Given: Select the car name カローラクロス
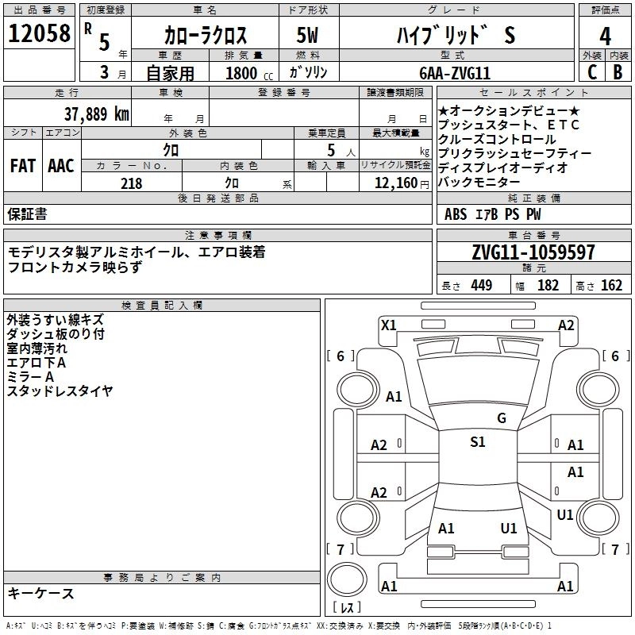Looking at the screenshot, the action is [x=206, y=36].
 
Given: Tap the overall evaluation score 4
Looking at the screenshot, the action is [x=606, y=36].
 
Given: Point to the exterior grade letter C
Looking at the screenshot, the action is [x=591, y=71].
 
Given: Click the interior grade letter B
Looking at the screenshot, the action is [x=618, y=71].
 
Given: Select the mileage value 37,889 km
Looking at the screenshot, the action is [x=96, y=114].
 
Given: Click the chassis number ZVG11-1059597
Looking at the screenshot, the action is [x=533, y=252].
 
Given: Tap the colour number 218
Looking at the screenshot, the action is [x=132, y=183].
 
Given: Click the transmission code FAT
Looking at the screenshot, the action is [x=22, y=166].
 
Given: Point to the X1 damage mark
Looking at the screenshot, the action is [x=389, y=325].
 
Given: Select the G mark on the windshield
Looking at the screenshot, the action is [x=502, y=418].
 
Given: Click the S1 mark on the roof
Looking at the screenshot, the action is [x=478, y=442].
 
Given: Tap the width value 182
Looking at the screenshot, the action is [x=548, y=286].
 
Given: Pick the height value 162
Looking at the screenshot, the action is [x=611, y=286].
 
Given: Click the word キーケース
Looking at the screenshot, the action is [x=41, y=593].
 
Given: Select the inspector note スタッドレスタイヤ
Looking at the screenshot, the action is [x=60, y=391].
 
